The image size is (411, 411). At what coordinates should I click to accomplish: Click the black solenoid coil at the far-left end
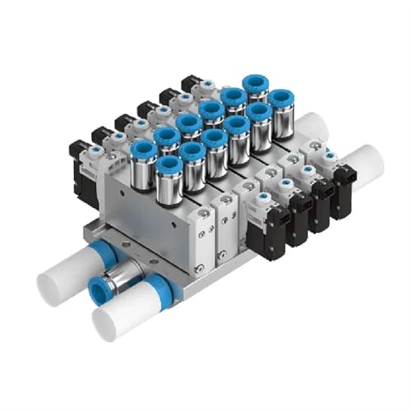pos(83,177)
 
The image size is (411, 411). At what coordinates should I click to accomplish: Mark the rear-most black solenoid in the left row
pos(192,85)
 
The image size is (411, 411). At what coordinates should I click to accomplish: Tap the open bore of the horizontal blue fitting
pos(99,292)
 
